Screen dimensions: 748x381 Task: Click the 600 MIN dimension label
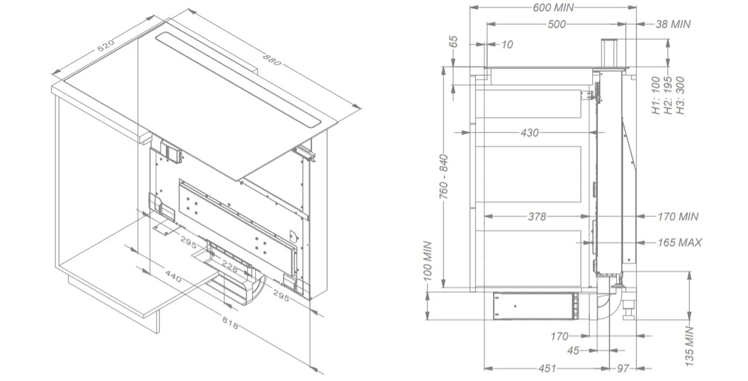[x=553, y=7]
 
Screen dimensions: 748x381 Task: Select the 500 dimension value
[x=556, y=24]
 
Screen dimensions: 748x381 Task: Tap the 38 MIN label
[x=673, y=24]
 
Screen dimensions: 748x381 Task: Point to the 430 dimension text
[x=529, y=133]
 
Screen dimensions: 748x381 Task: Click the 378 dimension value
[x=537, y=217]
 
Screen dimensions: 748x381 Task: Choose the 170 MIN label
[x=678, y=217]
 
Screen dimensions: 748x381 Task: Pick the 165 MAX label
[x=679, y=242]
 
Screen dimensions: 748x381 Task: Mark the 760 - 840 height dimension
[x=444, y=177]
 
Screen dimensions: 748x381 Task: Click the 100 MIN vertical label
[x=428, y=261]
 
